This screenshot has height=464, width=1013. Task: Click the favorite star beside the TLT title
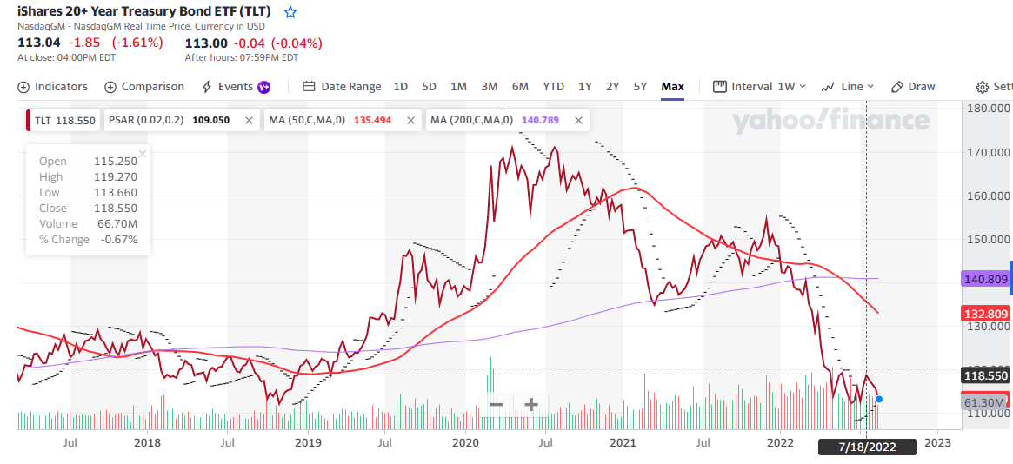[290, 12]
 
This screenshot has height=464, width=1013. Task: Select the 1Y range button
[585, 86]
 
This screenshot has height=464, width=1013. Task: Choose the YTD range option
[553, 86]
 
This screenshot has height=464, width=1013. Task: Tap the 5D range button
[429, 86]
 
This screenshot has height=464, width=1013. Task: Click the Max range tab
[672, 86]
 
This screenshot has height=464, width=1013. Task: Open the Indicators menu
[53, 86]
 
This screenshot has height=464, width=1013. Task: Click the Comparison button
[144, 86]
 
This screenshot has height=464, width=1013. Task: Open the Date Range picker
[343, 86]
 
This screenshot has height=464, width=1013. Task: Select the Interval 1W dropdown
[760, 86]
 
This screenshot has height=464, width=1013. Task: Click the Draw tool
[914, 86]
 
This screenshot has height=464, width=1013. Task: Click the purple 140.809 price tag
[985, 280]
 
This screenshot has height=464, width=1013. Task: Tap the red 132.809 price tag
[985, 314]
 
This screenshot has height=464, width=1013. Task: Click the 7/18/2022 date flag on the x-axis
[867, 447]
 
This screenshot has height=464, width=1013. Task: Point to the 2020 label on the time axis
[466, 442]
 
